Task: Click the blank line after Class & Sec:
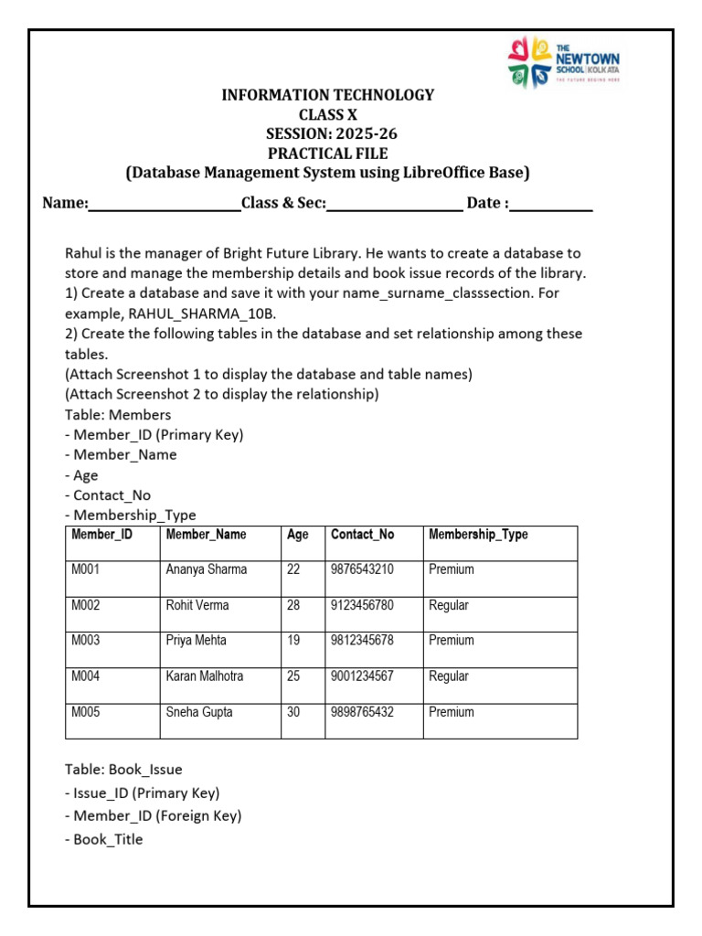[x=394, y=204]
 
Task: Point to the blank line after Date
[x=551, y=204]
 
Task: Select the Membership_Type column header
[x=478, y=535]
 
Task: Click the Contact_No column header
[x=362, y=535]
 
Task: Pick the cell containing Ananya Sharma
[x=207, y=569]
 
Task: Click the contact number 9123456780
[x=362, y=605]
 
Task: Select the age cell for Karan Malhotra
[x=293, y=676]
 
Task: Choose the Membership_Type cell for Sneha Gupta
[x=452, y=712]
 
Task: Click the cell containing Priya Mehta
[x=197, y=641]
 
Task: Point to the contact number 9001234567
[x=362, y=676]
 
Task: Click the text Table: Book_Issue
[x=123, y=770]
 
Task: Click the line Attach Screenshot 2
[x=221, y=394]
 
